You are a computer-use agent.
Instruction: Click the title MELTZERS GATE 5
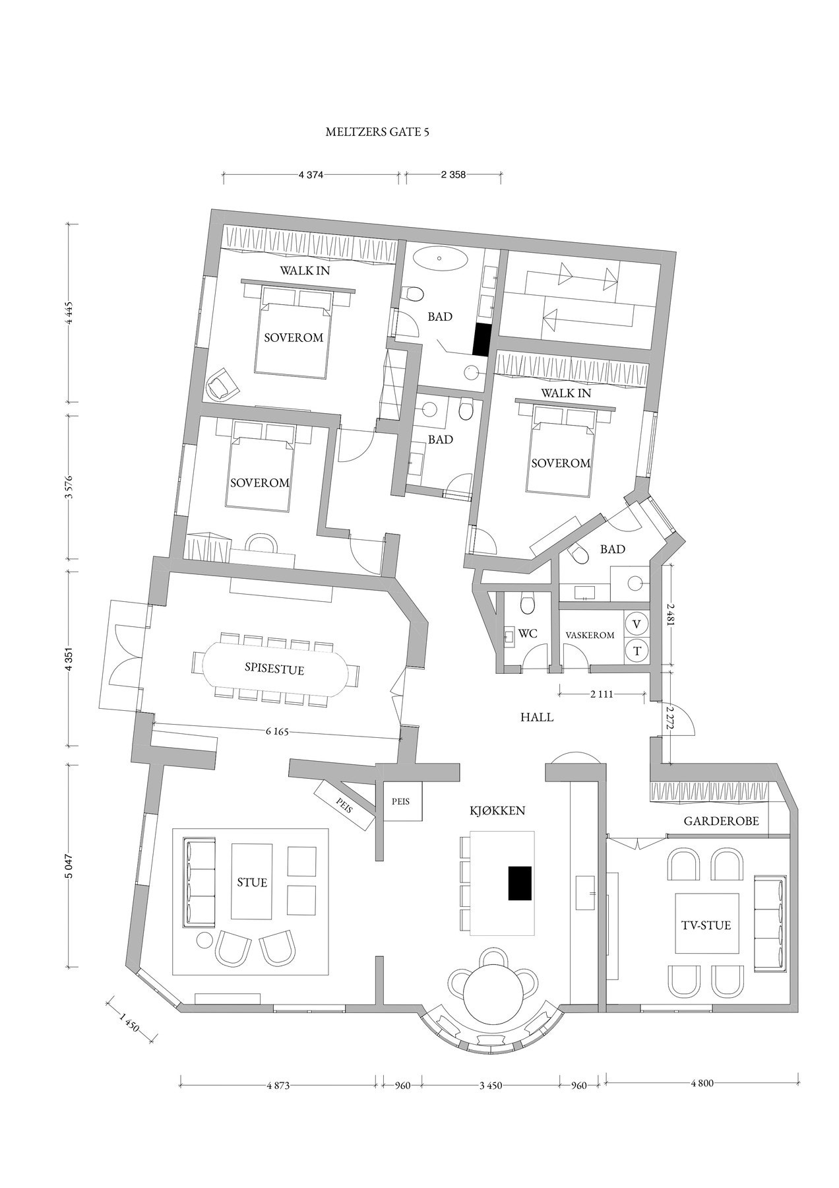pos(377,132)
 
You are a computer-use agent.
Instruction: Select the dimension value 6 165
pos(276,732)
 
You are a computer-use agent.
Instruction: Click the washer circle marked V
pos(637,624)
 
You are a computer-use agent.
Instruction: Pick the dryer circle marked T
pos(637,650)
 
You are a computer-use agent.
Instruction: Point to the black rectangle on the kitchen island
pos(520,883)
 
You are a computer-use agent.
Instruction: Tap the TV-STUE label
pos(706,925)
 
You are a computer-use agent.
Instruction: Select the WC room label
pos(528,634)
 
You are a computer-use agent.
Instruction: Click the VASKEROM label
pos(590,635)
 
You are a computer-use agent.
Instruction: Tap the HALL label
pos(536,717)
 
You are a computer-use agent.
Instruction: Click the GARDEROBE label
pos(721,822)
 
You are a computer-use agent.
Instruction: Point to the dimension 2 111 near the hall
pos(602,694)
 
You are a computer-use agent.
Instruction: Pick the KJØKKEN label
pos(499,811)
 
